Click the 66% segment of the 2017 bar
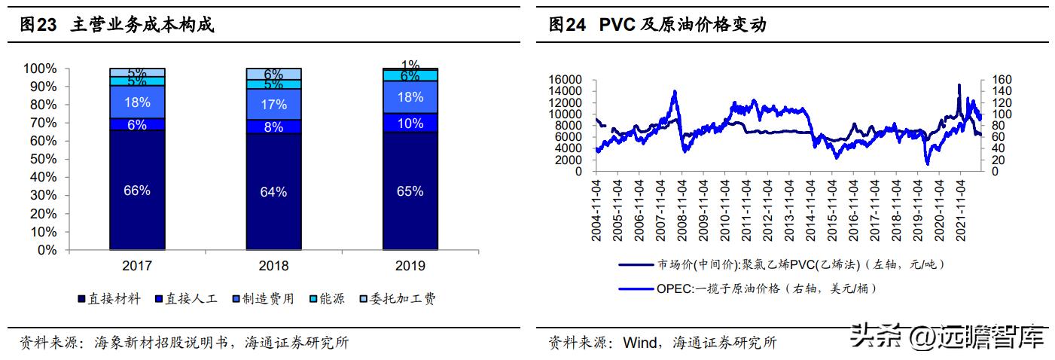pyautogui.click(x=137, y=190)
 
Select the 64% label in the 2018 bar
pyautogui.click(x=273, y=192)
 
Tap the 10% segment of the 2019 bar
pyautogui.click(x=410, y=124)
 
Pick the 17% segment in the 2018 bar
pyautogui.click(x=273, y=104)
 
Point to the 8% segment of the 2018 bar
pyautogui.click(x=273, y=127)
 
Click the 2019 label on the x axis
pyautogui.click(x=410, y=266)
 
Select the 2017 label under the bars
pyautogui.click(x=137, y=266)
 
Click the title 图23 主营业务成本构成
pyautogui.click(x=117, y=26)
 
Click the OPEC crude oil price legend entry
pyautogui.click(x=764, y=288)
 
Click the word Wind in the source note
pyautogui.click(x=639, y=343)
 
